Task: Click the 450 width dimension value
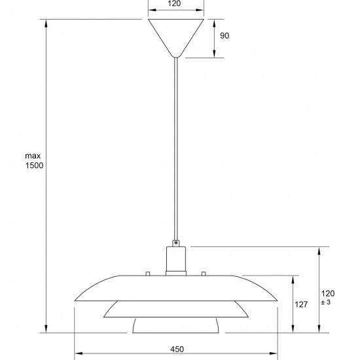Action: pyautogui.click(x=176, y=350)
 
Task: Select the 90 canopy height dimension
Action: pyautogui.click(x=224, y=36)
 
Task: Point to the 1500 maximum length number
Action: pyautogui.click(x=33, y=166)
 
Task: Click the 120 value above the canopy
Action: pyautogui.click(x=174, y=4)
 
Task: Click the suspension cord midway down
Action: pyautogui.click(x=175, y=151)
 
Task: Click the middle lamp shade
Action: pyautogui.click(x=175, y=309)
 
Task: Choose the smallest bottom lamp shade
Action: pyautogui.click(x=175, y=325)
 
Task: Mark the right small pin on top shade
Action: pyautogui.click(x=203, y=273)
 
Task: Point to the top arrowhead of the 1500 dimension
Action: pyautogui.click(x=46, y=23)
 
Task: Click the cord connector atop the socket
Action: pyautogui.click(x=175, y=243)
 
